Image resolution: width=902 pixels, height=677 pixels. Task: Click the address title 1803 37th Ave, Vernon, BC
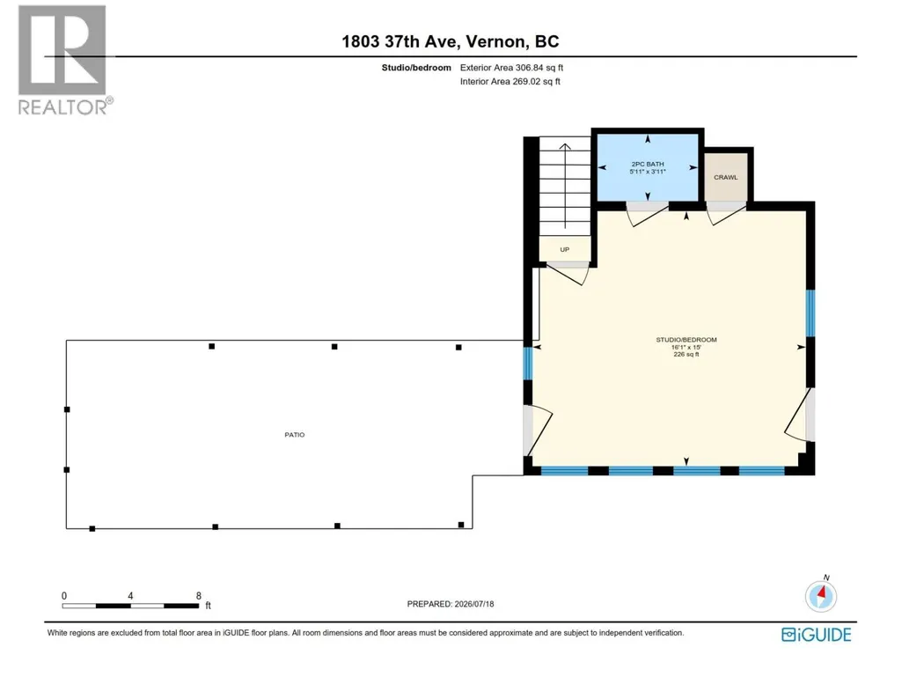pyautogui.click(x=451, y=41)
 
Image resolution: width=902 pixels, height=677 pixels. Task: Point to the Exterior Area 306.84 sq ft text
pyautogui.click(x=511, y=68)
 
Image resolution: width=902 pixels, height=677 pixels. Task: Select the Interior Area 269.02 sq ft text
pyautogui.click(x=510, y=81)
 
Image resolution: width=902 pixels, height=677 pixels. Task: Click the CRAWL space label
pyautogui.click(x=725, y=177)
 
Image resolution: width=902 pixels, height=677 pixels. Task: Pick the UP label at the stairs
pyautogui.click(x=564, y=249)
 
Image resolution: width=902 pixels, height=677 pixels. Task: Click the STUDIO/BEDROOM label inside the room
pyautogui.click(x=686, y=340)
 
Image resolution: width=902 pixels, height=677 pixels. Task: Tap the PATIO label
pyautogui.click(x=295, y=435)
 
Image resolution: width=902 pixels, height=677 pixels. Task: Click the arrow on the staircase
pyautogui.click(x=565, y=186)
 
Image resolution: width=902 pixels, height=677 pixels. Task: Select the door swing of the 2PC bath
pyautogui.click(x=647, y=214)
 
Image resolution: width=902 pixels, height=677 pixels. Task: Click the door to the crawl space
pyautogui.click(x=726, y=214)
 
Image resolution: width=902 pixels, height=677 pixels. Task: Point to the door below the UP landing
pyautogui.click(x=568, y=274)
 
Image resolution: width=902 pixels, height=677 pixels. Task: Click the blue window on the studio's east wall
pyautogui.click(x=810, y=313)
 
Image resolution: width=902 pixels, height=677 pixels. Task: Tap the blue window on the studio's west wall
pyautogui.click(x=527, y=363)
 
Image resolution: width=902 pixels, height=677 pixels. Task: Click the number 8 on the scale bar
pyautogui.click(x=199, y=596)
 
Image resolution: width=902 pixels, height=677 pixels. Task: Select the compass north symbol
pyautogui.click(x=821, y=594)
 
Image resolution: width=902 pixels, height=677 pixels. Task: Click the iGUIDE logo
pyautogui.click(x=817, y=635)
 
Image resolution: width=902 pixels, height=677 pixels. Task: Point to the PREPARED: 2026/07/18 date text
pyautogui.click(x=451, y=604)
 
